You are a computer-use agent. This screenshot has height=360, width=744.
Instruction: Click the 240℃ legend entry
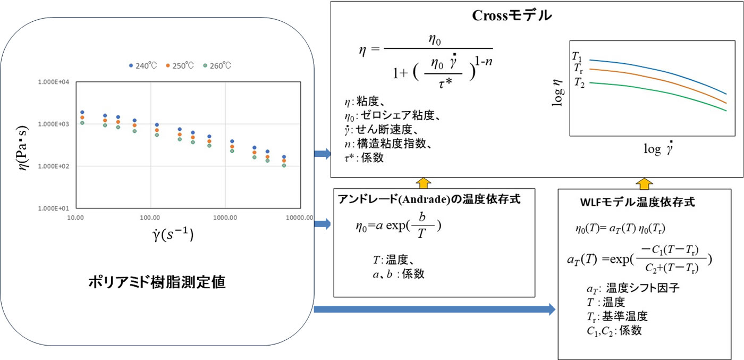click(143, 65)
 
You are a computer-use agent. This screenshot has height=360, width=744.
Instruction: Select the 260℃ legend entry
click(217, 65)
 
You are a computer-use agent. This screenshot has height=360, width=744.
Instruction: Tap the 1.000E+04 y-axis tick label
click(54, 82)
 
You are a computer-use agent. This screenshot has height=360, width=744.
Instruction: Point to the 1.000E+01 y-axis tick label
click(54, 208)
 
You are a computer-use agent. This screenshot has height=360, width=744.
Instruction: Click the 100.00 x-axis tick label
click(150, 217)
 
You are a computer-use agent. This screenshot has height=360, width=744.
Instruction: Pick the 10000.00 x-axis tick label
click(299, 217)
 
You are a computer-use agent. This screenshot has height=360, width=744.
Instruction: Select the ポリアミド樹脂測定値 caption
click(157, 282)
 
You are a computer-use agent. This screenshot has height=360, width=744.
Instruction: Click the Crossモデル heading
click(512, 15)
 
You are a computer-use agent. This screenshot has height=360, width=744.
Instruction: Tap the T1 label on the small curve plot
click(577, 57)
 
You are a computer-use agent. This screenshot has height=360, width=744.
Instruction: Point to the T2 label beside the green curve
click(579, 82)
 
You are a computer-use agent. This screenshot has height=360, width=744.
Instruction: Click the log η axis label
click(557, 93)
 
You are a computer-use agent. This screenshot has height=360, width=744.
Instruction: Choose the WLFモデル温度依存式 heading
click(637, 202)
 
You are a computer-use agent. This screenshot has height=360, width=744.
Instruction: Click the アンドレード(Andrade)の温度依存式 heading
click(429, 199)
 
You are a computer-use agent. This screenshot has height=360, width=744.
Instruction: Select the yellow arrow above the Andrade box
click(423, 183)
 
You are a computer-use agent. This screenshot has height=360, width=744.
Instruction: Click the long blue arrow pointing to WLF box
click(435, 309)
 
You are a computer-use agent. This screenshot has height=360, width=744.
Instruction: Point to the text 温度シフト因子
click(642, 288)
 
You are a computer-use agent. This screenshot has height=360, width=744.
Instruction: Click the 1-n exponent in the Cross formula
click(483, 61)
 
